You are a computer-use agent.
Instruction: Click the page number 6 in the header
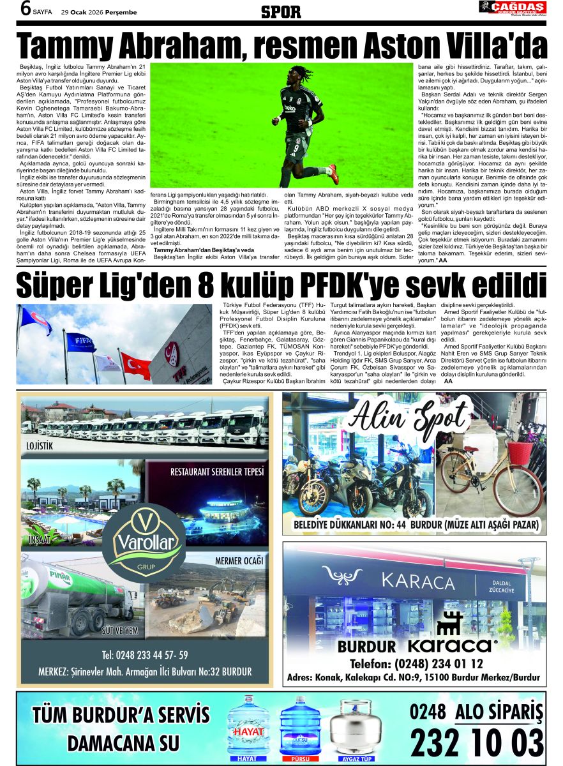(x=26, y=9)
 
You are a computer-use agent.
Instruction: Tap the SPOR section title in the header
(x=281, y=11)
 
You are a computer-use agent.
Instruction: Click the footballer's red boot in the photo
(x=333, y=174)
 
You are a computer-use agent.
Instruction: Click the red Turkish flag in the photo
(x=136, y=365)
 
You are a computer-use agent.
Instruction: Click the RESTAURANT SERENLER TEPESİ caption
(x=217, y=472)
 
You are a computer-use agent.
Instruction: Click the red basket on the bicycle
(x=520, y=451)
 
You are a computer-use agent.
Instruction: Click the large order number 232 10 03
(x=476, y=742)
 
